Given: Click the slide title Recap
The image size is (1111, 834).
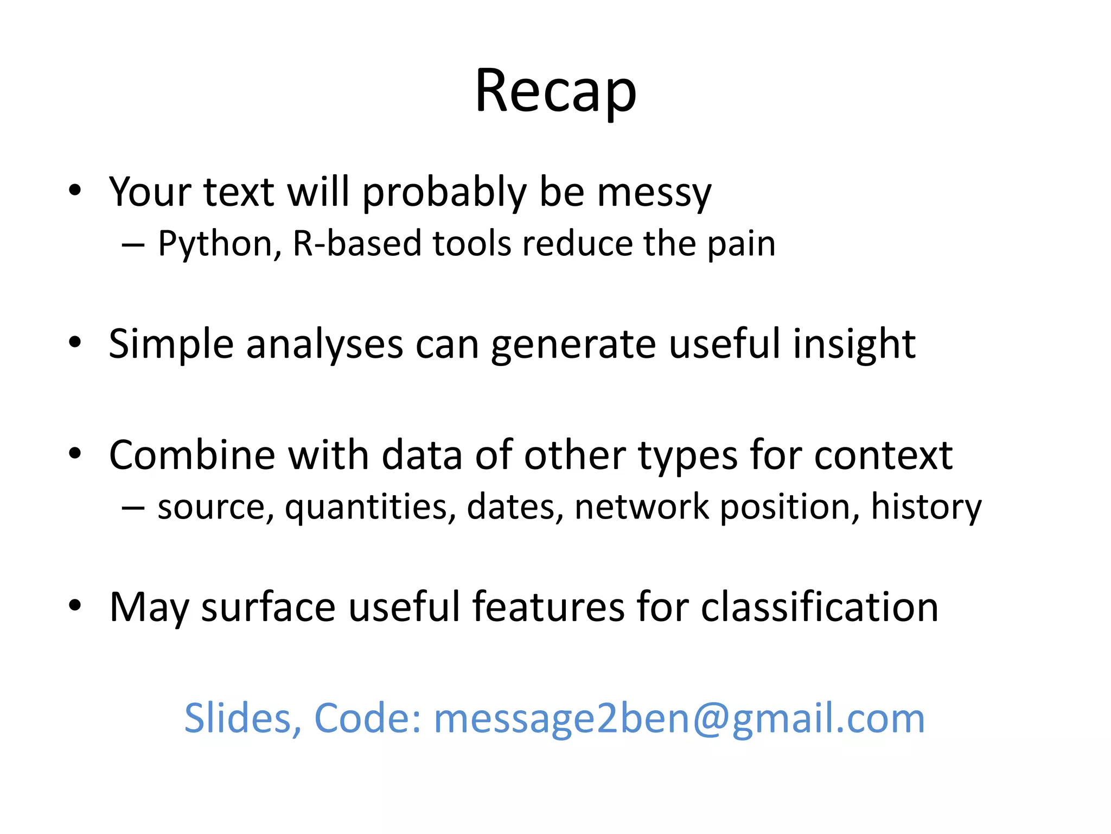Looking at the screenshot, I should tap(555, 91).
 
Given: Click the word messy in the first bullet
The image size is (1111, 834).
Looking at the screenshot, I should tap(654, 193).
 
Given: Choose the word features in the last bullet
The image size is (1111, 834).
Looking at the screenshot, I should tap(548, 607).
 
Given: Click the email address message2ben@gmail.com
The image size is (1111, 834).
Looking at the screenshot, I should tap(679, 719).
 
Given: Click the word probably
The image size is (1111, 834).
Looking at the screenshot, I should tap(444, 193).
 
